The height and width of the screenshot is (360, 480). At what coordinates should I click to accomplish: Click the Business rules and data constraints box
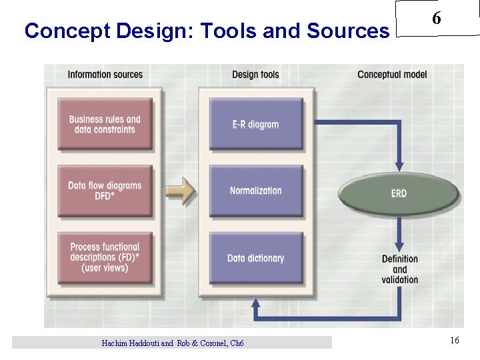(x=105, y=125)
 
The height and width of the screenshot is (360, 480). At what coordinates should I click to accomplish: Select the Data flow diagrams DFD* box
(x=105, y=191)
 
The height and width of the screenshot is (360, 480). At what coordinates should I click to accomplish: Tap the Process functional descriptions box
(x=105, y=257)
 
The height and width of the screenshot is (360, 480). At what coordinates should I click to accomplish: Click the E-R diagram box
(x=255, y=125)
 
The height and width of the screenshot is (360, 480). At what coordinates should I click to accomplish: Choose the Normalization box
(x=255, y=191)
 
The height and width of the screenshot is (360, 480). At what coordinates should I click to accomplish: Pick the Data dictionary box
(x=255, y=258)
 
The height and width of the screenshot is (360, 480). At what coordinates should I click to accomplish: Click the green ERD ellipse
(x=399, y=193)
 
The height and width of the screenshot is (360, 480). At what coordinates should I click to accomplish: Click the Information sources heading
(x=105, y=75)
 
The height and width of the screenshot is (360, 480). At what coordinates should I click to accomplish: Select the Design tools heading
(x=255, y=75)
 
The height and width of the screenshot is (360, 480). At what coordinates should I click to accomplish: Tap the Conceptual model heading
(x=392, y=75)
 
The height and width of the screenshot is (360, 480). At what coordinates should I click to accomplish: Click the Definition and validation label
(x=400, y=269)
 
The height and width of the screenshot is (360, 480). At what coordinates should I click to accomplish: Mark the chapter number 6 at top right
(x=436, y=19)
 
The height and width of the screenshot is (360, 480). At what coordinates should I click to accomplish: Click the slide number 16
(x=454, y=341)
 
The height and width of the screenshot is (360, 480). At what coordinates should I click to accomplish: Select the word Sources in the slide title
(x=347, y=31)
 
